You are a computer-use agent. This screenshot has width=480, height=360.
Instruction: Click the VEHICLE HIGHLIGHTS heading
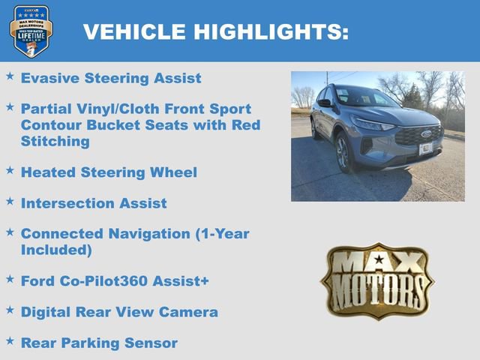coord(216,31)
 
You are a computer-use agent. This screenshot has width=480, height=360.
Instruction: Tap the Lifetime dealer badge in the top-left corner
coord(31,31)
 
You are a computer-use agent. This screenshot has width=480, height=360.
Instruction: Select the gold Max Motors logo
coord(376,280)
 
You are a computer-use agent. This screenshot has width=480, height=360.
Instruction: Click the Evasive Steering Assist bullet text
coord(111,77)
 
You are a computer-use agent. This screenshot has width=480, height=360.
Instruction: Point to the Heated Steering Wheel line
coord(109,172)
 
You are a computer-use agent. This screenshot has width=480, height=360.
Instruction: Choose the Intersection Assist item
coord(94,203)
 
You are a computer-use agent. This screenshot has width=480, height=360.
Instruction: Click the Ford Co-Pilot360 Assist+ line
coord(115,280)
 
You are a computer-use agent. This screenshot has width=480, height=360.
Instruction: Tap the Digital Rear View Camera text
coord(119,312)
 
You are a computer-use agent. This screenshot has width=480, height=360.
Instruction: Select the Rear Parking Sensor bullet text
coord(99,343)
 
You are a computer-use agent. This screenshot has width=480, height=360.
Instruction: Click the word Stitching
coord(55,141)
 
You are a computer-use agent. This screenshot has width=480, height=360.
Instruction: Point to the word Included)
coord(56,249)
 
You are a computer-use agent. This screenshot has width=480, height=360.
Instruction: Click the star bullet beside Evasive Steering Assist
coord(10,76)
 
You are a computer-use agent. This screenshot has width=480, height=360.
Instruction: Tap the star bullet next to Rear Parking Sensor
coord(10,341)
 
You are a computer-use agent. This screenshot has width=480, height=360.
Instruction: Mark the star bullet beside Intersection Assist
coord(10,202)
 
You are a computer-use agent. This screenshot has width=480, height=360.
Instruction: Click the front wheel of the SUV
coord(343,153)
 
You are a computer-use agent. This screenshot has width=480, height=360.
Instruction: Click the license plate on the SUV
coord(425,148)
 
